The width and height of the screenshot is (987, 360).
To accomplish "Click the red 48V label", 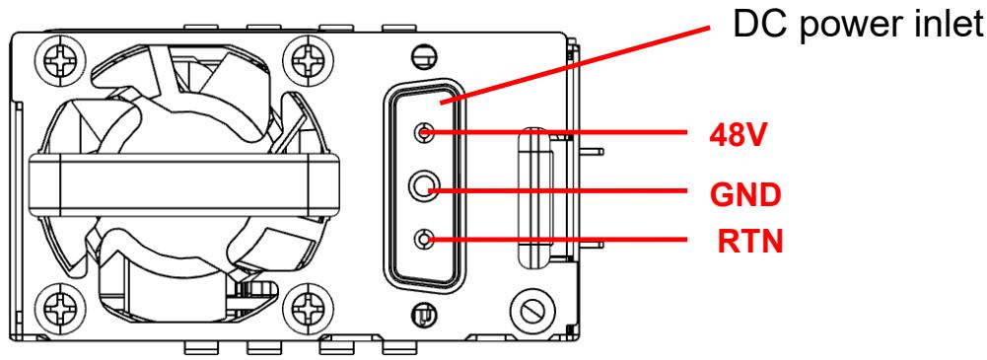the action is pyautogui.click(x=738, y=134).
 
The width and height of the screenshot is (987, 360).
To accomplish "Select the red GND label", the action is pyautogui.click(x=745, y=195).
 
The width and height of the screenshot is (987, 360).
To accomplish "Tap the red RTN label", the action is pyautogui.click(x=750, y=242).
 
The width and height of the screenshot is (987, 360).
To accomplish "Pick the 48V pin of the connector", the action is pyautogui.click(x=424, y=132).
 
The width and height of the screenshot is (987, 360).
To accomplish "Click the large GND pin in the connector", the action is pyautogui.click(x=424, y=185).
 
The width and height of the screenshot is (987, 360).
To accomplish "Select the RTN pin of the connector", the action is pyautogui.click(x=424, y=239).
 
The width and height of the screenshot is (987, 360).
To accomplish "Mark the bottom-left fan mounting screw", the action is pyautogui.click(x=60, y=307).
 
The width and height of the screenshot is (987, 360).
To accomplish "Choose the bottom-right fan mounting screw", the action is pyautogui.click(x=308, y=307).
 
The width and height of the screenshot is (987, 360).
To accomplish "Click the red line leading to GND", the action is pyautogui.click(x=558, y=188).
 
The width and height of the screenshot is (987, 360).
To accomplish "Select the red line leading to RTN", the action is pyautogui.click(x=556, y=239).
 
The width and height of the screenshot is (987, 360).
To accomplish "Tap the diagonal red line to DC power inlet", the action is pyautogui.click(x=575, y=65).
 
